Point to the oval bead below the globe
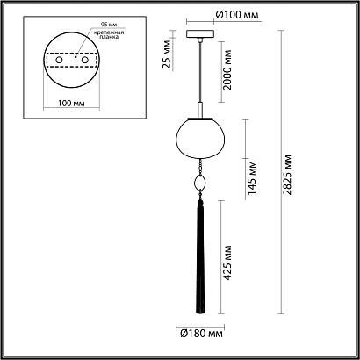pos(201,184)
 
